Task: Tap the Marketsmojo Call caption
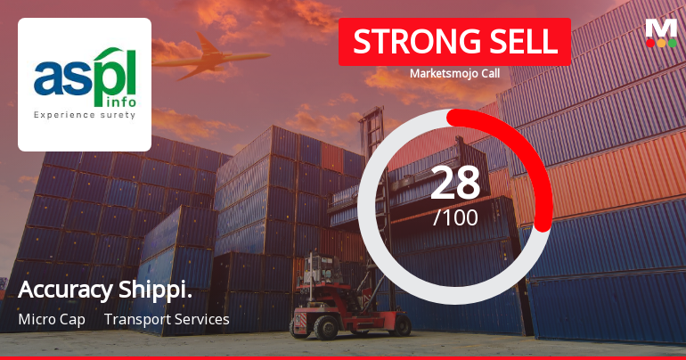pyautogui.click(x=454, y=74)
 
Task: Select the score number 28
pyautogui.click(x=455, y=183)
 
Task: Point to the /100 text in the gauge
pyautogui.click(x=455, y=217)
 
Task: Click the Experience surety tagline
pyautogui.click(x=85, y=115)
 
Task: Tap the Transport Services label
pyautogui.click(x=167, y=319)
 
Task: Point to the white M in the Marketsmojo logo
pyautogui.click(x=660, y=28)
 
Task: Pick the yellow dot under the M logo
pyautogui.click(x=660, y=43)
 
